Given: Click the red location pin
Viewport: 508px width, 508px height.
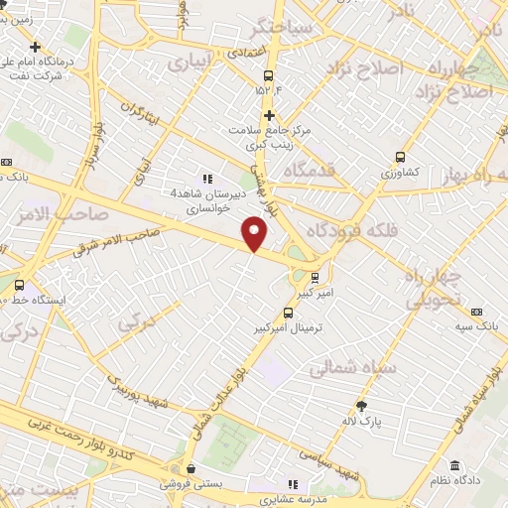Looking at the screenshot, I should (x=255, y=234).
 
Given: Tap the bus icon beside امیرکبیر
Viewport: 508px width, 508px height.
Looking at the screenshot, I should (x=315, y=277).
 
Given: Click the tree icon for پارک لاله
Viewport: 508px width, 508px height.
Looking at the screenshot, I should (x=361, y=405).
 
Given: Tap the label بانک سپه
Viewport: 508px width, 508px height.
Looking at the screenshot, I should (x=479, y=325).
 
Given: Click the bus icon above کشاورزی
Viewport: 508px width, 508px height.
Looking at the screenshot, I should (x=400, y=157).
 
